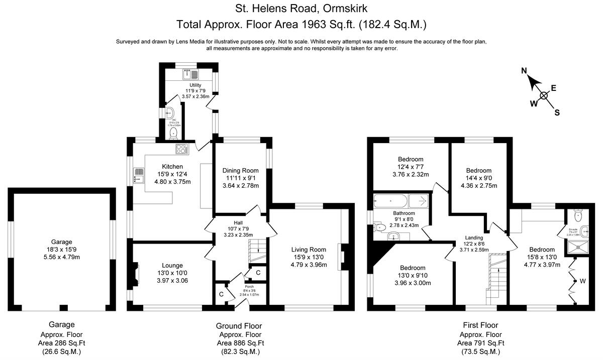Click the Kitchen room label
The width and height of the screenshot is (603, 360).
(172, 167)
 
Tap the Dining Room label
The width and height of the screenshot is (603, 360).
(240, 171)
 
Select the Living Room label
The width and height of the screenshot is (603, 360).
(309, 250)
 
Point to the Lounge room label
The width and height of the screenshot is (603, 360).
(172, 265)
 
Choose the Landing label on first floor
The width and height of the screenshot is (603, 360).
(473, 237)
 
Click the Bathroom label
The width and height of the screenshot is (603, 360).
(404, 213)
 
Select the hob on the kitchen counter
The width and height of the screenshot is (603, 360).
(181, 149)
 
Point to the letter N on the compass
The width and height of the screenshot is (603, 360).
(524, 72)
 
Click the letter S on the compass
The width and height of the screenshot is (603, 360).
(557, 112)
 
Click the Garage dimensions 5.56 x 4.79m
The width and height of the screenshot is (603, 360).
(61, 257)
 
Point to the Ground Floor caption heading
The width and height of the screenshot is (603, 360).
(239, 325)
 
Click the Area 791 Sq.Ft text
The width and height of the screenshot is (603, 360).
(480, 343)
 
